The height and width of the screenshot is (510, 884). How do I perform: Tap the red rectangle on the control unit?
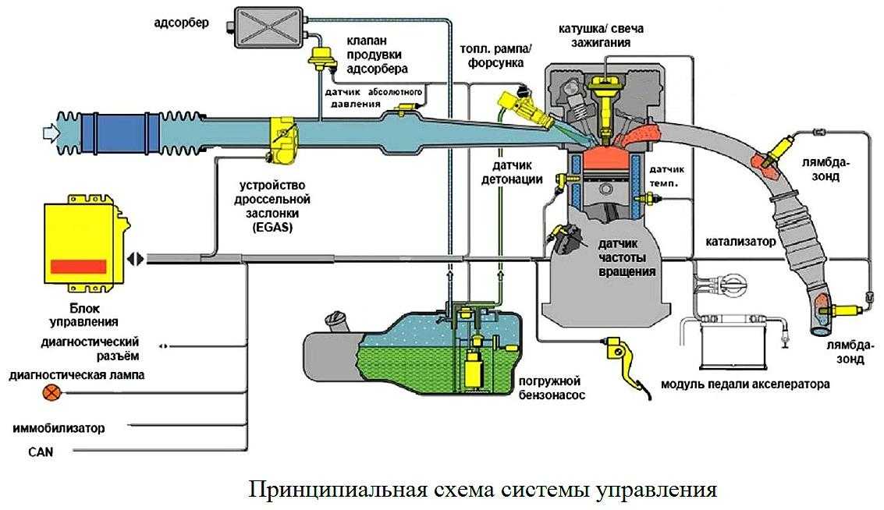[x=78, y=266]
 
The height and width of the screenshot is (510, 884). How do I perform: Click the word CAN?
[x=40, y=452]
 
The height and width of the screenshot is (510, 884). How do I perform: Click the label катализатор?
[x=741, y=242]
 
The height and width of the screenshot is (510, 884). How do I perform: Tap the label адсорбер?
[x=181, y=22]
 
